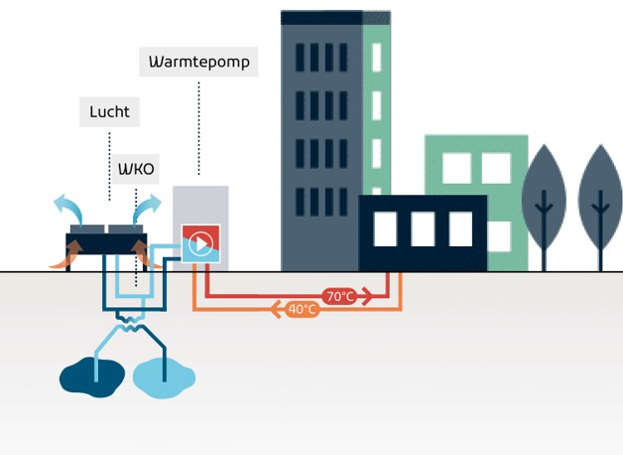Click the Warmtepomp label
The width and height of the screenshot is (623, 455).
(198, 62)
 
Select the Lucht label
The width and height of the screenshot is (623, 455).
(109, 112)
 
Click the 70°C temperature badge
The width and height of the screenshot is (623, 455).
(339, 296)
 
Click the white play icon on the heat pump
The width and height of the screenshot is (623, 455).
(200, 243)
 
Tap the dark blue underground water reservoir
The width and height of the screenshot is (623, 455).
(91, 376)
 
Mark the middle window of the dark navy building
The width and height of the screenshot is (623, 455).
(423, 228)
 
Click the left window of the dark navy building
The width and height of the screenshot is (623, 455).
(385, 228)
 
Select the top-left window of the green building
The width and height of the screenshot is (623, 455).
(456, 168)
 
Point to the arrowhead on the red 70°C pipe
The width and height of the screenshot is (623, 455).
(367, 295)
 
